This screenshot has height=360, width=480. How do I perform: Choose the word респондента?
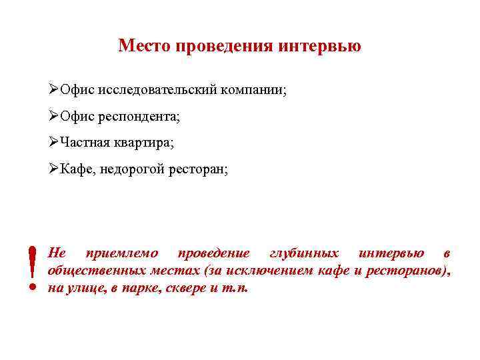139,117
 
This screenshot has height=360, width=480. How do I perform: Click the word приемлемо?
122,253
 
